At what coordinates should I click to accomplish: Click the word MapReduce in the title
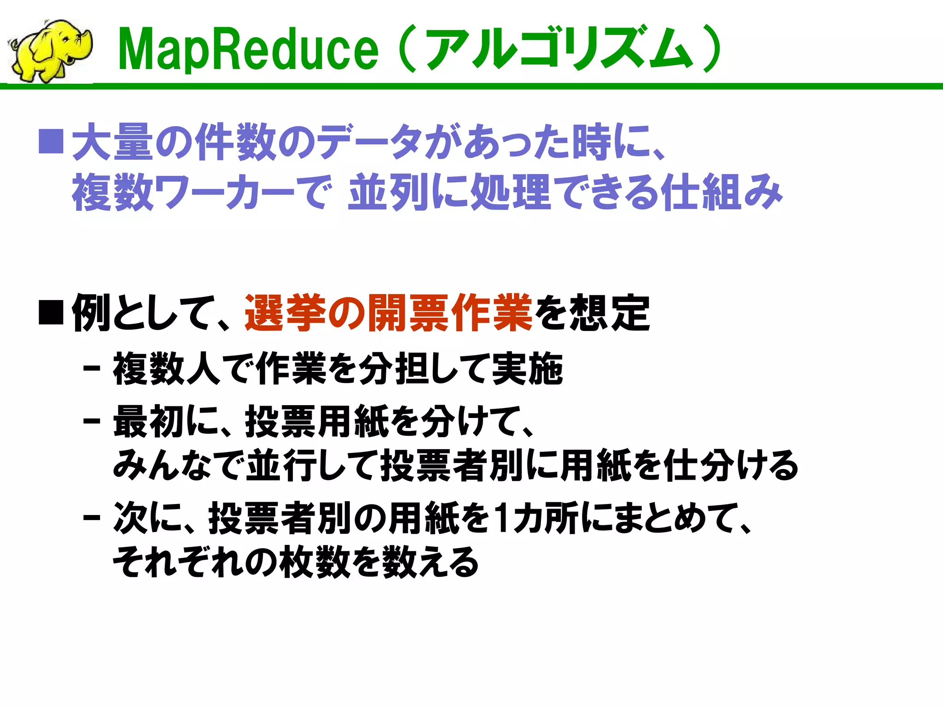point(248,50)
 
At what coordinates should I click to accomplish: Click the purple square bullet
point(51,141)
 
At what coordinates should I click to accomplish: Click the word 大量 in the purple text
point(112,142)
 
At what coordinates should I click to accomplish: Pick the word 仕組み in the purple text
point(721,192)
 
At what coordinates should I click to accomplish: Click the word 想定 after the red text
point(610,313)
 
